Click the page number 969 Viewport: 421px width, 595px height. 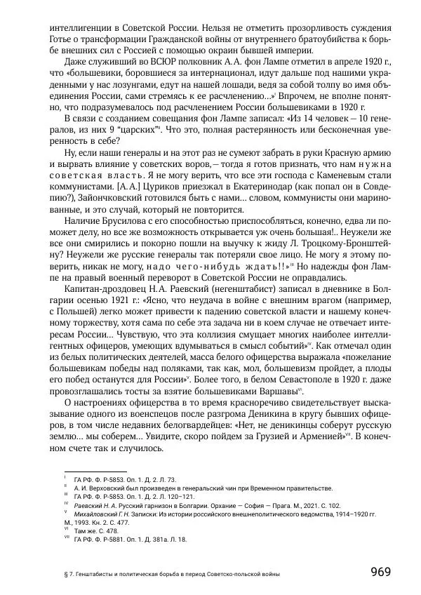pyautogui.click(x=380, y=571)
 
